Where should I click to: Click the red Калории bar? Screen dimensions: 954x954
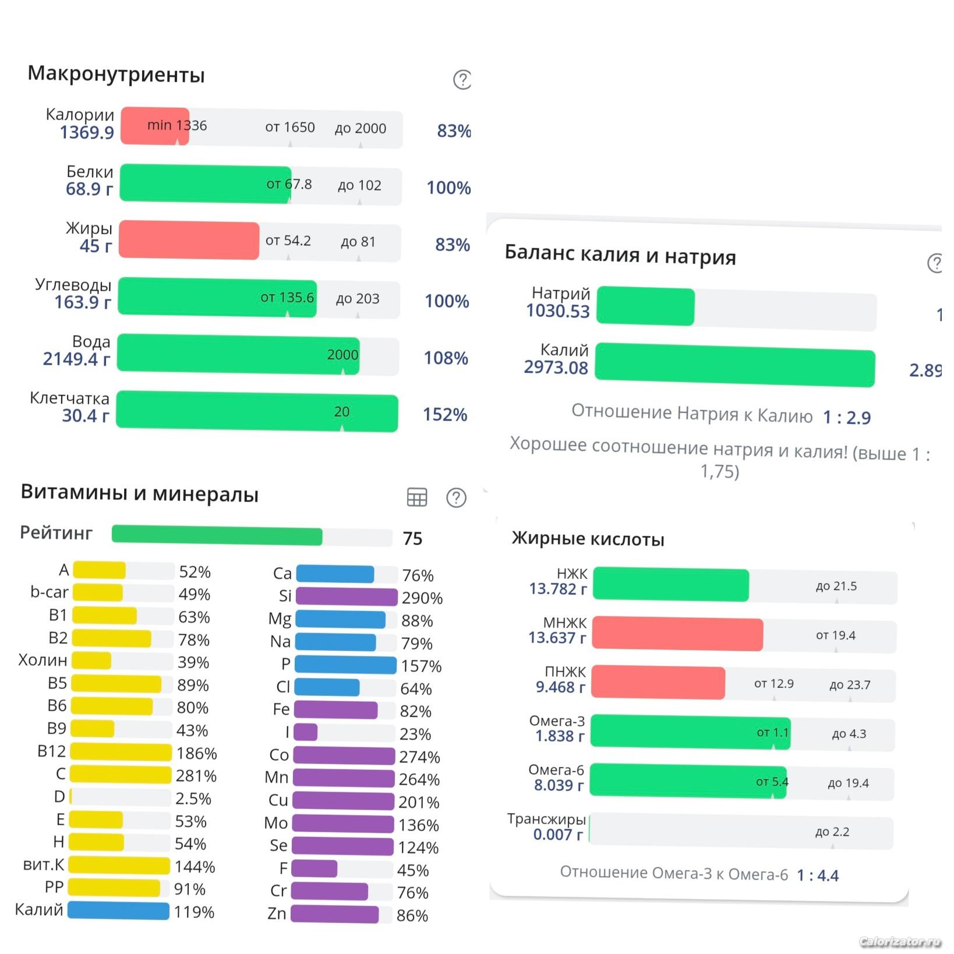click(x=154, y=126)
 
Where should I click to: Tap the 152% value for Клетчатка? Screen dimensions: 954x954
click(x=445, y=415)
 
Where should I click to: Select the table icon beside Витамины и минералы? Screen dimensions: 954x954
click(x=416, y=497)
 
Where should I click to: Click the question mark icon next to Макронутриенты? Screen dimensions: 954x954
click(x=462, y=80)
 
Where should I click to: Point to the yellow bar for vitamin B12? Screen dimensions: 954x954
click(x=121, y=752)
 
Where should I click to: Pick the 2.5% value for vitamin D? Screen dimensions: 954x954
click(x=193, y=798)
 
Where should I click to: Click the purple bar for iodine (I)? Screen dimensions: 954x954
click(x=306, y=732)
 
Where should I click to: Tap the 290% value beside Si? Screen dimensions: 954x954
click(x=422, y=598)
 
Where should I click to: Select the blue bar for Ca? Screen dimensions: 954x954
click(x=335, y=574)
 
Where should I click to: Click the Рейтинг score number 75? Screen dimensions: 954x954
click(x=412, y=539)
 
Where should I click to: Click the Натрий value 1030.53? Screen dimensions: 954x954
click(x=558, y=312)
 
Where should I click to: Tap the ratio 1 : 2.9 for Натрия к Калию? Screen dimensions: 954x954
click(x=846, y=418)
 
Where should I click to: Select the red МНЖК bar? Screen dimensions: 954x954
click(x=677, y=634)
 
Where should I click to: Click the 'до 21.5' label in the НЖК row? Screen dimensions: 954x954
click(x=836, y=586)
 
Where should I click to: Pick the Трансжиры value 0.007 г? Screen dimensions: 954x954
click(x=558, y=835)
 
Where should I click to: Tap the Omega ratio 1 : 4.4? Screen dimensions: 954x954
click(x=818, y=875)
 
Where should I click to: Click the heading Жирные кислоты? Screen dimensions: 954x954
click(x=588, y=539)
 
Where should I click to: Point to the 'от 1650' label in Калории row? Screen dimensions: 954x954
click(x=289, y=128)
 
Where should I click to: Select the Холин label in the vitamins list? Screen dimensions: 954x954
click(x=43, y=660)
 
